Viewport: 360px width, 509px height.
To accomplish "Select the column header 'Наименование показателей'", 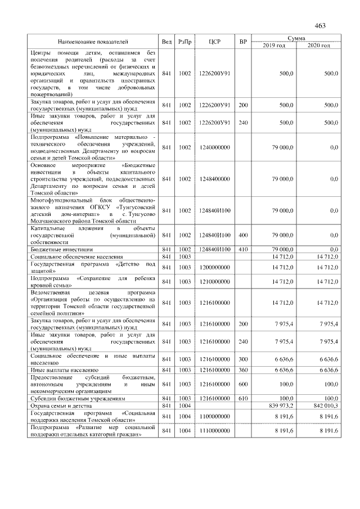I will point(93,42).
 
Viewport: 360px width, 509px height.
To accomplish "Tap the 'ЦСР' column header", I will point(214,42).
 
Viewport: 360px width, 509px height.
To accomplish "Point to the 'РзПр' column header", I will point(184,42).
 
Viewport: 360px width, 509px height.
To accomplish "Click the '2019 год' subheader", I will point(274,45).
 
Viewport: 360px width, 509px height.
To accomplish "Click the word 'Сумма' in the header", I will point(296,38).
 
